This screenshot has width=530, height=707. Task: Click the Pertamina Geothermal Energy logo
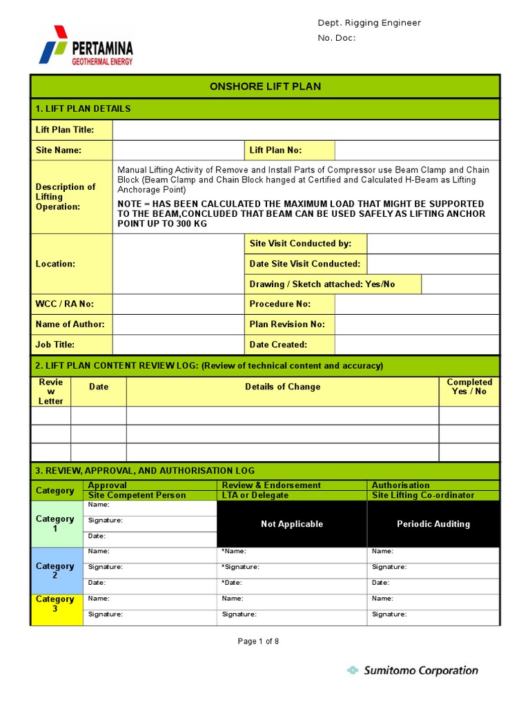pyautogui.click(x=86, y=46)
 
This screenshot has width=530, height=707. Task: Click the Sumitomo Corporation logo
pyautogui.click(x=412, y=670)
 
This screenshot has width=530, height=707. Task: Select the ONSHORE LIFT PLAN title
pyautogui.click(x=265, y=86)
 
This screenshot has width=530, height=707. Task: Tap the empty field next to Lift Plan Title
pyautogui.click(x=306, y=130)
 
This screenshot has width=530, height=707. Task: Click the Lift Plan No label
pyautogui.click(x=275, y=150)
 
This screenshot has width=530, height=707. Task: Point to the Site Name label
pyautogui.click(x=59, y=150)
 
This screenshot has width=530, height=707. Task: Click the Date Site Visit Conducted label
pyautogui.click(x=304, y=264)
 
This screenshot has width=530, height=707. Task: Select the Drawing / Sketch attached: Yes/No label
pyautogui.click(x=322, y=284)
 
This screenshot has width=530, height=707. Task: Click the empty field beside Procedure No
pyautogui.click(x=416, y=304)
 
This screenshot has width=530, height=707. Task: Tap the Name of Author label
pyautogui.click(x=70, y=325)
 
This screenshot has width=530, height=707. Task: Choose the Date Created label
pyautogui.click(x=278, y=345)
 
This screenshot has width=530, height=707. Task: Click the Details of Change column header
pyautogui.click(x=282, y=387)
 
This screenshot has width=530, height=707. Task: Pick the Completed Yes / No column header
pyautogui.click(x=469, y=387)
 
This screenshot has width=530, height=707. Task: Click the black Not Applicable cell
pyautogui.click(x=292, y=524)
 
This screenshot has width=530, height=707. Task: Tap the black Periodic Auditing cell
pyautogui.click(x=433, y=524)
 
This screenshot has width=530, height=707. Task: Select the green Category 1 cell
pyautogui.click(x=55, y=523)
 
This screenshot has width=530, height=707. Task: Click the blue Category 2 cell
pyautogui.click(x=55, y=570)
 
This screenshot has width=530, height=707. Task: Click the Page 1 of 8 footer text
pyautogui.click(x=258, y=641)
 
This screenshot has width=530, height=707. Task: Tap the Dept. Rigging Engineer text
pyautogui.click(x=369, y=23)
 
